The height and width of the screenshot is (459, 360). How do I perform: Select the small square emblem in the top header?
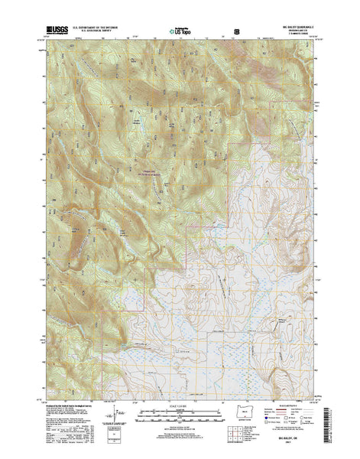pyautogui.click(x=235, y=33)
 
